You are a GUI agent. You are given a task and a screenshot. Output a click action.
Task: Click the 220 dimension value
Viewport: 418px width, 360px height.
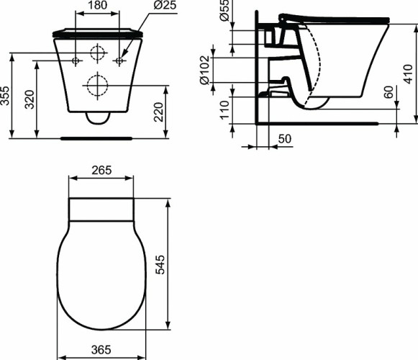[160, 110]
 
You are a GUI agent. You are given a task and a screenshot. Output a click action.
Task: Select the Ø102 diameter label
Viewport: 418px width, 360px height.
[205, 71]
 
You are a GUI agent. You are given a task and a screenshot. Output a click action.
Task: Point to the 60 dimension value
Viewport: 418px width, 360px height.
[389, 92]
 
